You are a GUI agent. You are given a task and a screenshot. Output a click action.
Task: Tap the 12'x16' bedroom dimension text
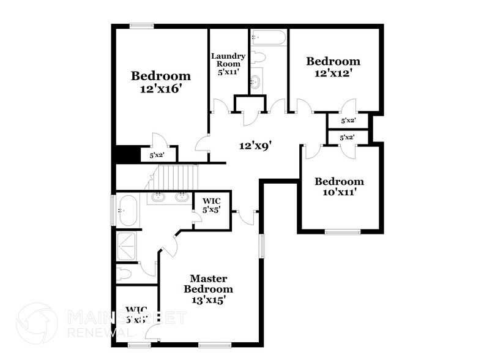point(161,88)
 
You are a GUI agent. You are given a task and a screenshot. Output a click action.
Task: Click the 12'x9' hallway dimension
point(255,146)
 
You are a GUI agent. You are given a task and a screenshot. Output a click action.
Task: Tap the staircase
point(177,179)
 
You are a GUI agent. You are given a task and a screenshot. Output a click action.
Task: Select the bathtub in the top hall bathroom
point(268,38)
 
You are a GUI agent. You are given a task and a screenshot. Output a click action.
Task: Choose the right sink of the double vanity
point(181,197)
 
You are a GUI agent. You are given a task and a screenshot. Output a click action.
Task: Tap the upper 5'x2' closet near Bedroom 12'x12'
point(348,121)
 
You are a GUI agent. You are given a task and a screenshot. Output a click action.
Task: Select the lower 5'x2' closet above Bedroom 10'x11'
point(348,138)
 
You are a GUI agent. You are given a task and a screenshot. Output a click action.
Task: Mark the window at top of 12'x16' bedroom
point(141,26)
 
